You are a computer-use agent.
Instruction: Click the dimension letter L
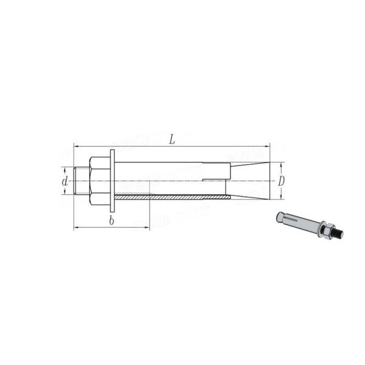(x=172, y=139)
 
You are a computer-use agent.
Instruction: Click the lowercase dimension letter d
(x=64, y=181)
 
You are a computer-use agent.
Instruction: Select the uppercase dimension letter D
(x=282, y=181)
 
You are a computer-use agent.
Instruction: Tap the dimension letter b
(x=111, y=221)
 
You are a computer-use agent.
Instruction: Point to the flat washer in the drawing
(x=113, y=180)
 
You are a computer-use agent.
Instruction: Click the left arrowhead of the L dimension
(x=75, y=146)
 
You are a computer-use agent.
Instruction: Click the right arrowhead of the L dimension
(x=266, y=146)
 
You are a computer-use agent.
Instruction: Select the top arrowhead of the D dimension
(x=280, y=164)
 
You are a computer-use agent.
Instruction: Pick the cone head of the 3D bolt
(x=280, y=216)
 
